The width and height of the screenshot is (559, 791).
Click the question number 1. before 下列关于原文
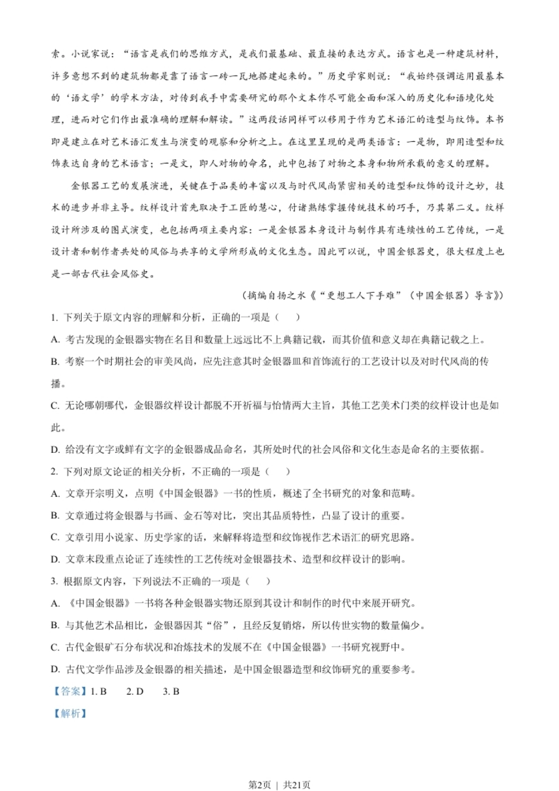tap(54, 318)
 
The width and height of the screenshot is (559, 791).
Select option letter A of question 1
tap(55, 339)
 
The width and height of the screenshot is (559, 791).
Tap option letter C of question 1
tap(55, 405)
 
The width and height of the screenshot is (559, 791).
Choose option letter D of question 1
tap(55, 449)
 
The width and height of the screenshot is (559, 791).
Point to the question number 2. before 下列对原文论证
tap(54, 472)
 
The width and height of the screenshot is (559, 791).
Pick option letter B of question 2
tap(55, 516)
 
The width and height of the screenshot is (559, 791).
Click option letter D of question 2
tap(55, 559)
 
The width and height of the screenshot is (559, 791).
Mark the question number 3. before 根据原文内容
tap(54, 582)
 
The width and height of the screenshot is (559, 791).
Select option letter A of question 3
tap(55, 603)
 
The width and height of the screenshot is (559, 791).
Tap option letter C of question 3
tap(55, 648)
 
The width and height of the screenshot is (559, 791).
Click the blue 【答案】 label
tap(69, 692)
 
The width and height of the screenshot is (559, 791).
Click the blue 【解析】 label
tap(69, 713)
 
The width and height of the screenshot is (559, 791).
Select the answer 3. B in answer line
tap(171, 692)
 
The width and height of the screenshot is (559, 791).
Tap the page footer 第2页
tap(259, 785)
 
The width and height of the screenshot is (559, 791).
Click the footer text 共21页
tap(297, 785)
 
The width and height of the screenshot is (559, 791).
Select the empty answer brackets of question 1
tap(288, 318)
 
